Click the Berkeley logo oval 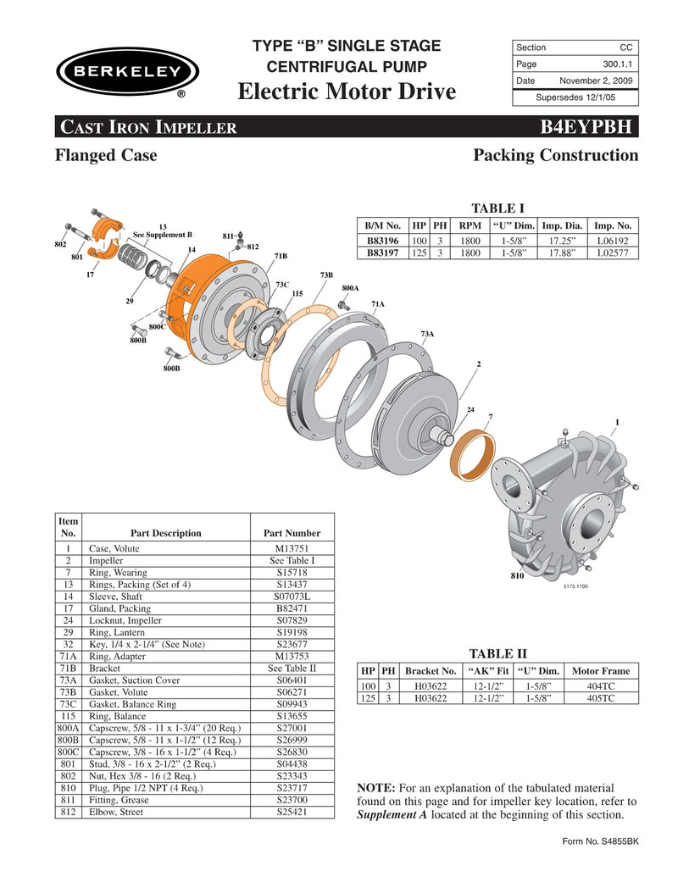click(x=127, y=71)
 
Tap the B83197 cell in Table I click(x=383, y=253)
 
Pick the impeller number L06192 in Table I click(x=614, y=240)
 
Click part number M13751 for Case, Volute click(x=292, y=549)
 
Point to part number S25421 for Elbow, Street click(x=292, y=812)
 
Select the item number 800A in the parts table click(x=68, y=728)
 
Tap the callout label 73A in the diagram click(x=427, y=334)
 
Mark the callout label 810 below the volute click(x=517, y=576)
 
